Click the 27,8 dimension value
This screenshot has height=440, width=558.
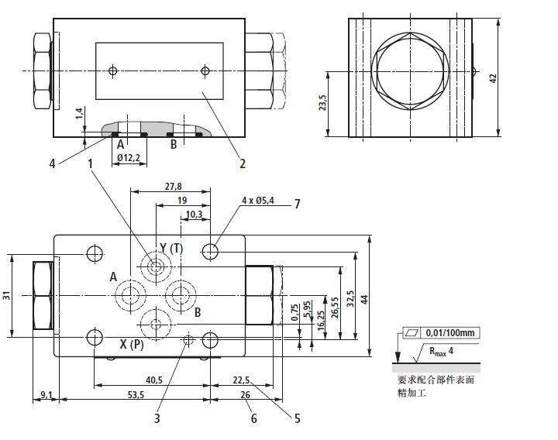pos(172,187)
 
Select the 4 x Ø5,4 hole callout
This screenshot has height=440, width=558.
pos(257,200)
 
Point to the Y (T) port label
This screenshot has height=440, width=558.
pos(171,248)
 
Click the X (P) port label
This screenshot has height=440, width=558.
pos(131,344)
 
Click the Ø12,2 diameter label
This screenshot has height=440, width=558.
pos(129,157)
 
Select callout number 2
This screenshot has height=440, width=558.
pos(242,163)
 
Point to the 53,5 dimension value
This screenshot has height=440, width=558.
pos(136,395)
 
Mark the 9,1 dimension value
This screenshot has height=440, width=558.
pos(46,395)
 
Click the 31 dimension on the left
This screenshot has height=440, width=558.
pos(6,294)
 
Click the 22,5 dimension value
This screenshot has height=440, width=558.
pos(241,380)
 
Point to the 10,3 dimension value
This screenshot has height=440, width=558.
pos(195,214)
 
